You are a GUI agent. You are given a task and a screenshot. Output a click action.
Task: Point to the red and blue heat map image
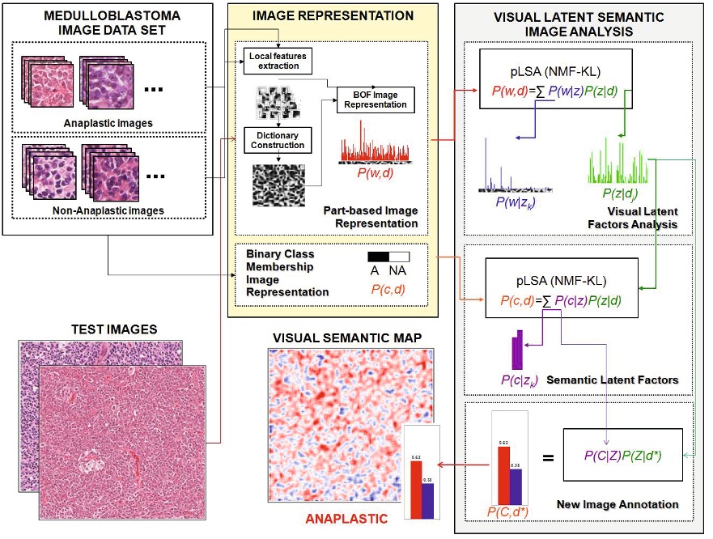click(x=350, y=425)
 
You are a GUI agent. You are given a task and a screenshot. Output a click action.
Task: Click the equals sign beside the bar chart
click(x=548, y=457)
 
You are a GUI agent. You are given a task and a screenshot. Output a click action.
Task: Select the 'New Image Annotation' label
click(x=618, y=505)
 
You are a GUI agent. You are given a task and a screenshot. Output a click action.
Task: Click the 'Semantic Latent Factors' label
click(x=613, y=380)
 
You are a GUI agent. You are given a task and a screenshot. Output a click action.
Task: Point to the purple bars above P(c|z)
click(x=518, y=349)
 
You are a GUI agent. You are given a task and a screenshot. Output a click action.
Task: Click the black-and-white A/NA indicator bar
click(x=388, y=257)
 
